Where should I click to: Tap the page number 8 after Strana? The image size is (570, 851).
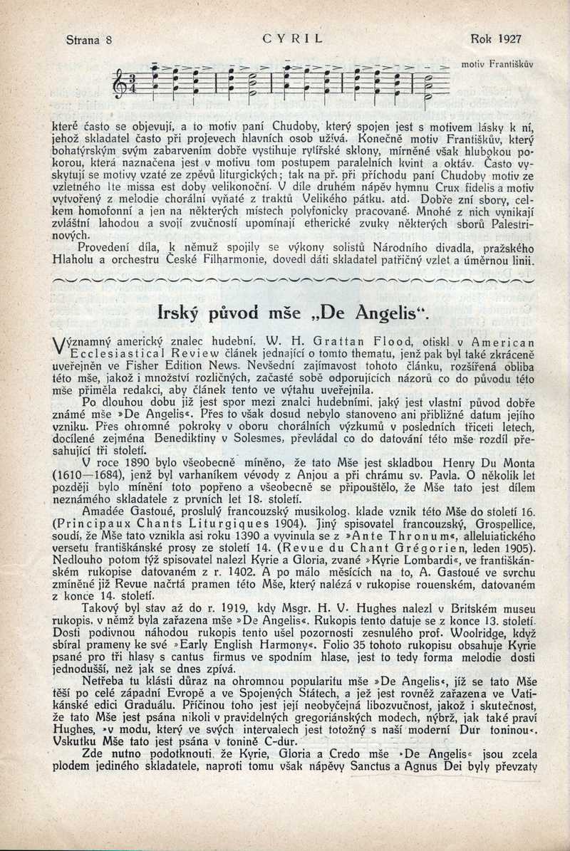(109, 39)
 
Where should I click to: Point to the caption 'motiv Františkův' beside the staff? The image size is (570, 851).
(497, 63)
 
